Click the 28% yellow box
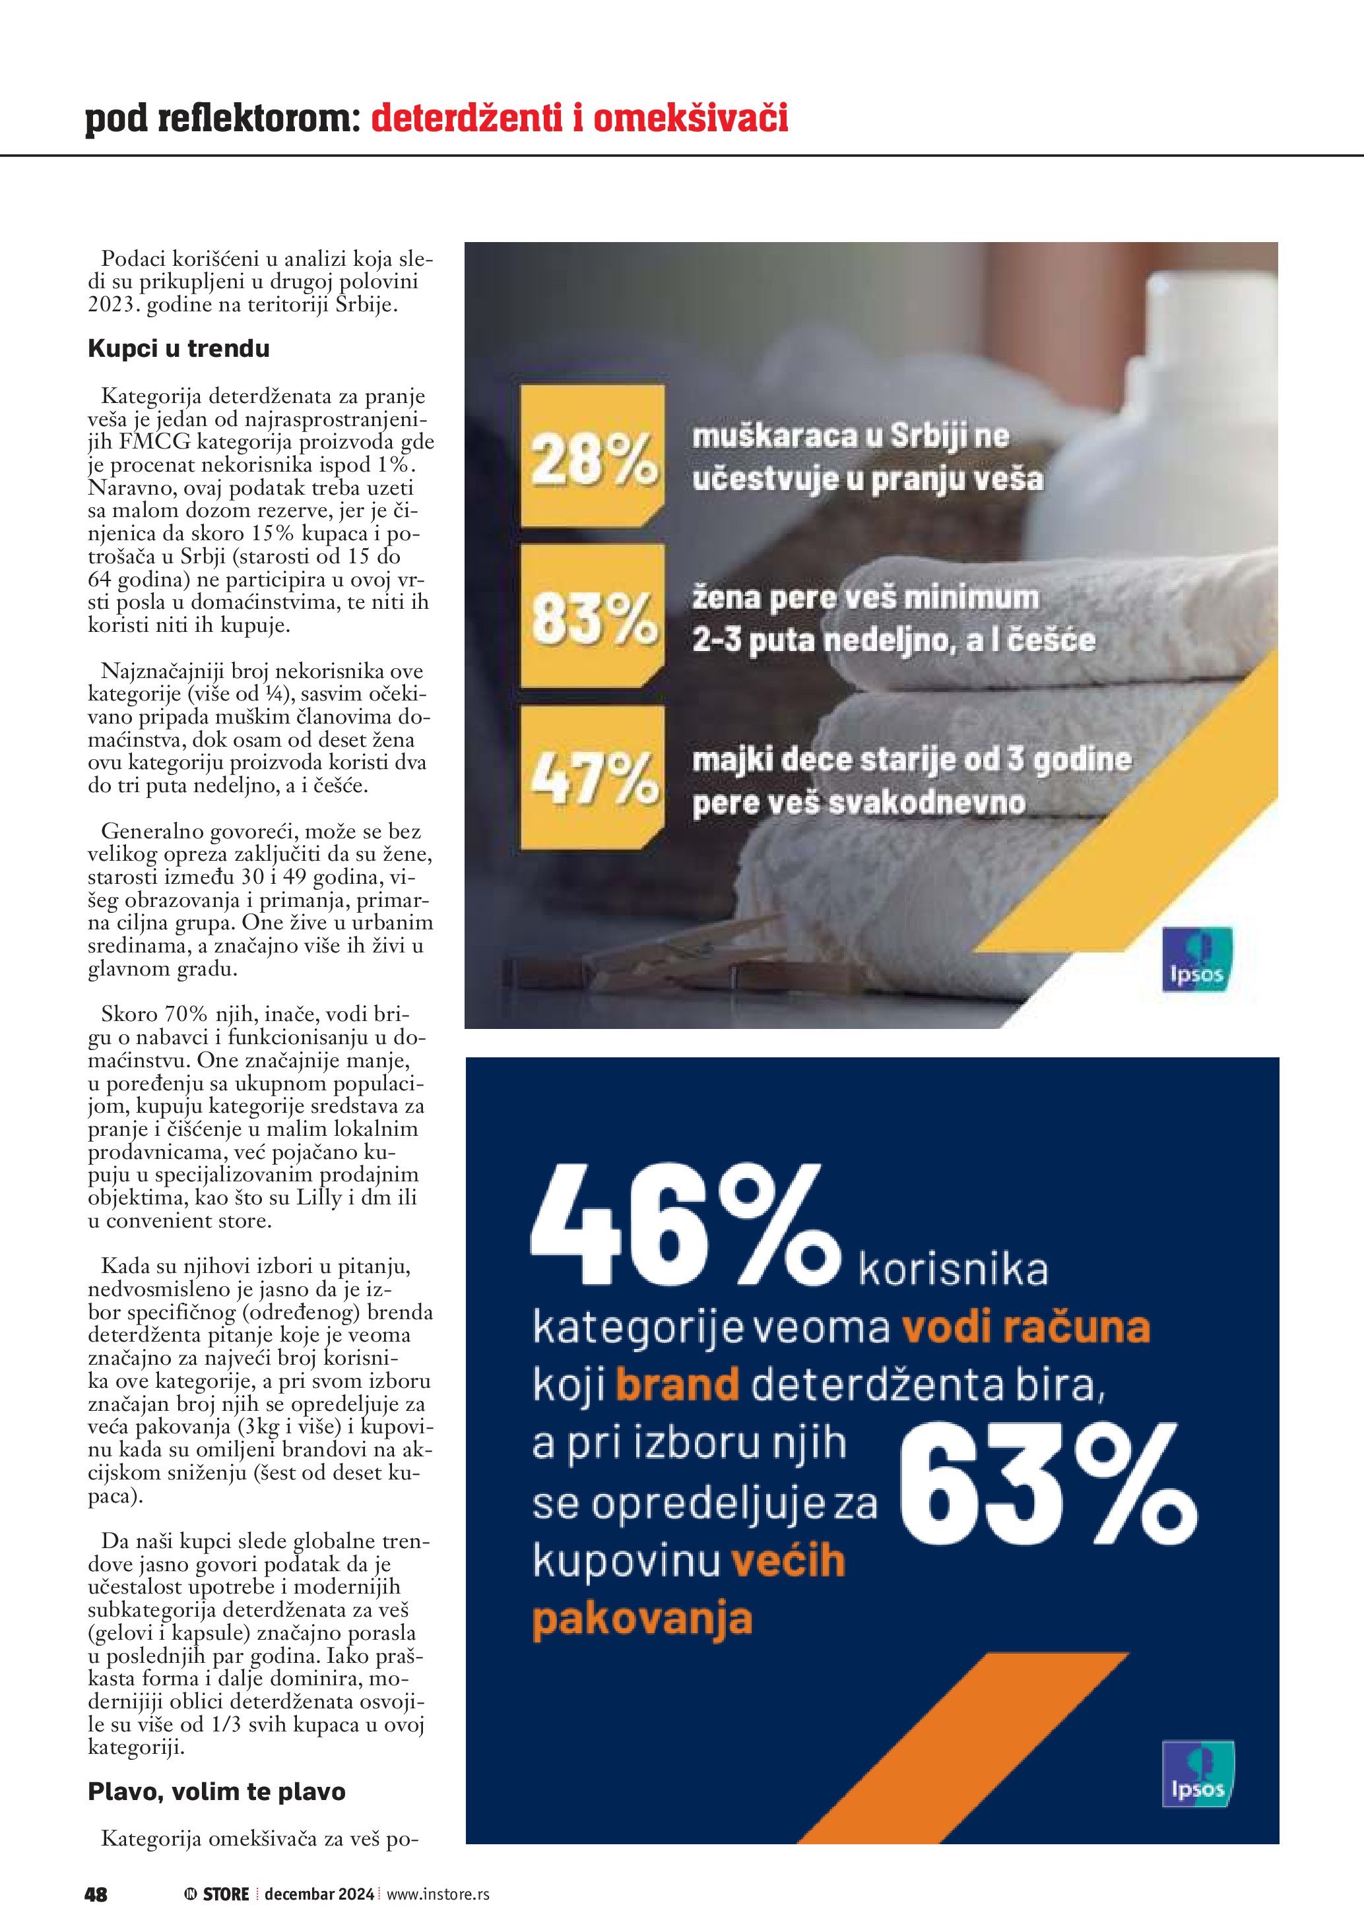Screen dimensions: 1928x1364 pyautogui.click(x=592, y=457)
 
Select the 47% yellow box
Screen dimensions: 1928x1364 pyautogui.click(x=592, y=777)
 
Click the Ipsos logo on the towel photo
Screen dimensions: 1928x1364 pyautogui.click(x=1197, y=959)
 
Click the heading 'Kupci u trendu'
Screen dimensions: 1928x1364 pyautogui.click(x=179, y=348)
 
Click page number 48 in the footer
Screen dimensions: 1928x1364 pyautogui.click(x=96, y=1894)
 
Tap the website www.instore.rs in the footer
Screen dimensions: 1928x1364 pyautogui.click(x=438, y=1894)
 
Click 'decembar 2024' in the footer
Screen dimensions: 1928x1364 pyautogui.click(x=319, y=1894)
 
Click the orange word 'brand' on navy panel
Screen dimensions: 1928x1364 pyautogui.click(x=677, y=1384)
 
